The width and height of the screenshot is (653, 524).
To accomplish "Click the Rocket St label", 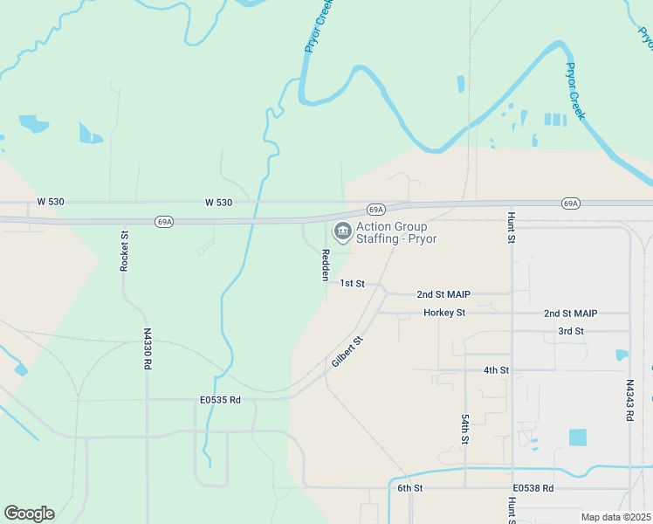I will (x=125, y=252).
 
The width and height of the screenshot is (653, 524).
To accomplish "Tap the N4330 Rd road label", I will (x=148, y=348).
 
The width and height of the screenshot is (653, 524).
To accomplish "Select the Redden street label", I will (x=326, y=265).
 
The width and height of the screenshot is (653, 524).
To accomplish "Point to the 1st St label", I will (x=352, y=283).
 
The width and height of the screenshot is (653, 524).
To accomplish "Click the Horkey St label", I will (x=444, y=312).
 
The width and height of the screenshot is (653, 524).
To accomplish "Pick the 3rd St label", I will (x=570, y=331).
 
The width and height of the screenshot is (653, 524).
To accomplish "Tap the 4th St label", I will (x=496, y=370).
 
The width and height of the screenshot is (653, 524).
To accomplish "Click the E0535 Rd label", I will (x=219, y=400).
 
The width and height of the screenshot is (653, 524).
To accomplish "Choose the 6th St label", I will (x=410, y=487).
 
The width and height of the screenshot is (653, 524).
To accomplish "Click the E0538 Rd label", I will (x=533, y=487).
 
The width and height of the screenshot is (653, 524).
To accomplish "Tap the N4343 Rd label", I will (x=629, y=400).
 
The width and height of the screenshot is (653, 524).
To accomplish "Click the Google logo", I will (x=29, y=513).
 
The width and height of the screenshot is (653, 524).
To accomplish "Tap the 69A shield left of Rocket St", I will (x=164, y=222).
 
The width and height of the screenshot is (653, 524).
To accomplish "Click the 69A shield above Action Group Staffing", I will (x=375, y=210).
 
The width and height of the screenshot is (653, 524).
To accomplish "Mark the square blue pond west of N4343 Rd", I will (x=578, y=438).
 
